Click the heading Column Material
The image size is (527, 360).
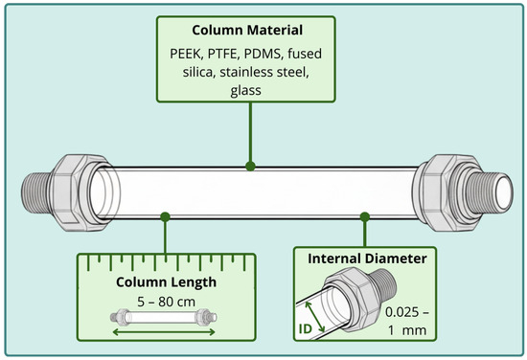(247, 31)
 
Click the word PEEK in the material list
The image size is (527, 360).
(186, 54)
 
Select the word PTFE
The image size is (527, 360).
(222, 54)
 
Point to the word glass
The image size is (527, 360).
(245, 91)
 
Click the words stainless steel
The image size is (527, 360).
(264, 72)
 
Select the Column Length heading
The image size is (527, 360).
(166, 282)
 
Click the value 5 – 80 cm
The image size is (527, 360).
(166, 302)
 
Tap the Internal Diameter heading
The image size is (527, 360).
(367, 259)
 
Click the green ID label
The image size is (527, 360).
(305, 329)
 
